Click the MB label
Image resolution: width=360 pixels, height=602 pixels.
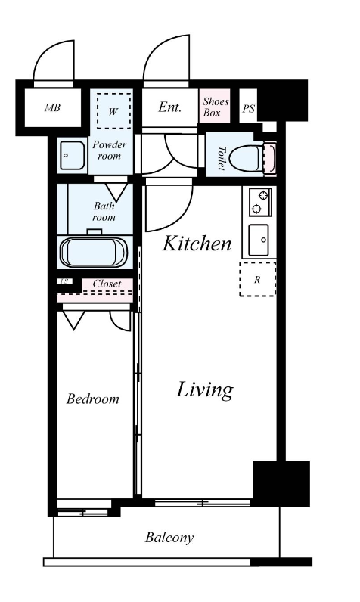click(x=52, y=107)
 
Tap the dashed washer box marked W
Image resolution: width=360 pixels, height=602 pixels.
click(x=113, y=110)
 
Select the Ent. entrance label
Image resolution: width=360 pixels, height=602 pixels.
click(x=169, y=107)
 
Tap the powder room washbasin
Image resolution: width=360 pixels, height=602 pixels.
click(x=72, y=155)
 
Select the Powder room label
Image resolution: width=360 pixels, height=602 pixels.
click(x=110, y=150)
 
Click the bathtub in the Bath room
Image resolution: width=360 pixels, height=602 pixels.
click(x=94, y=253)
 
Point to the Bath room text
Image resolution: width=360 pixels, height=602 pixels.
click(x=104, y=212)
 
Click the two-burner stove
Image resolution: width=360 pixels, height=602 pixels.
click(x=260, y=202)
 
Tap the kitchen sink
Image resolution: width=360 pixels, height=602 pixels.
click(x=259, y=240)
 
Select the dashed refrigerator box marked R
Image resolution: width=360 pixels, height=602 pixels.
click(x=258, y=279)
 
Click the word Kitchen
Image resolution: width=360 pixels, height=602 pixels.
click(x=197, y=244)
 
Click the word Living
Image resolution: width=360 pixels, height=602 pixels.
click(x=204, y=390)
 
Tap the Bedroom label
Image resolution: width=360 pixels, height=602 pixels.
click(x=92, y=399)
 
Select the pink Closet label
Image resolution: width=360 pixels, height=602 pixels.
click(x=107, y=284)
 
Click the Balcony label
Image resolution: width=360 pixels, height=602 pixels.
click(x=169, y=538)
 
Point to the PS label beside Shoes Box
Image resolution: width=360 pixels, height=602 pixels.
click(x=248, y=109)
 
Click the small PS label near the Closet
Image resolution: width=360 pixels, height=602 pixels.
click(x=64, y=281)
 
